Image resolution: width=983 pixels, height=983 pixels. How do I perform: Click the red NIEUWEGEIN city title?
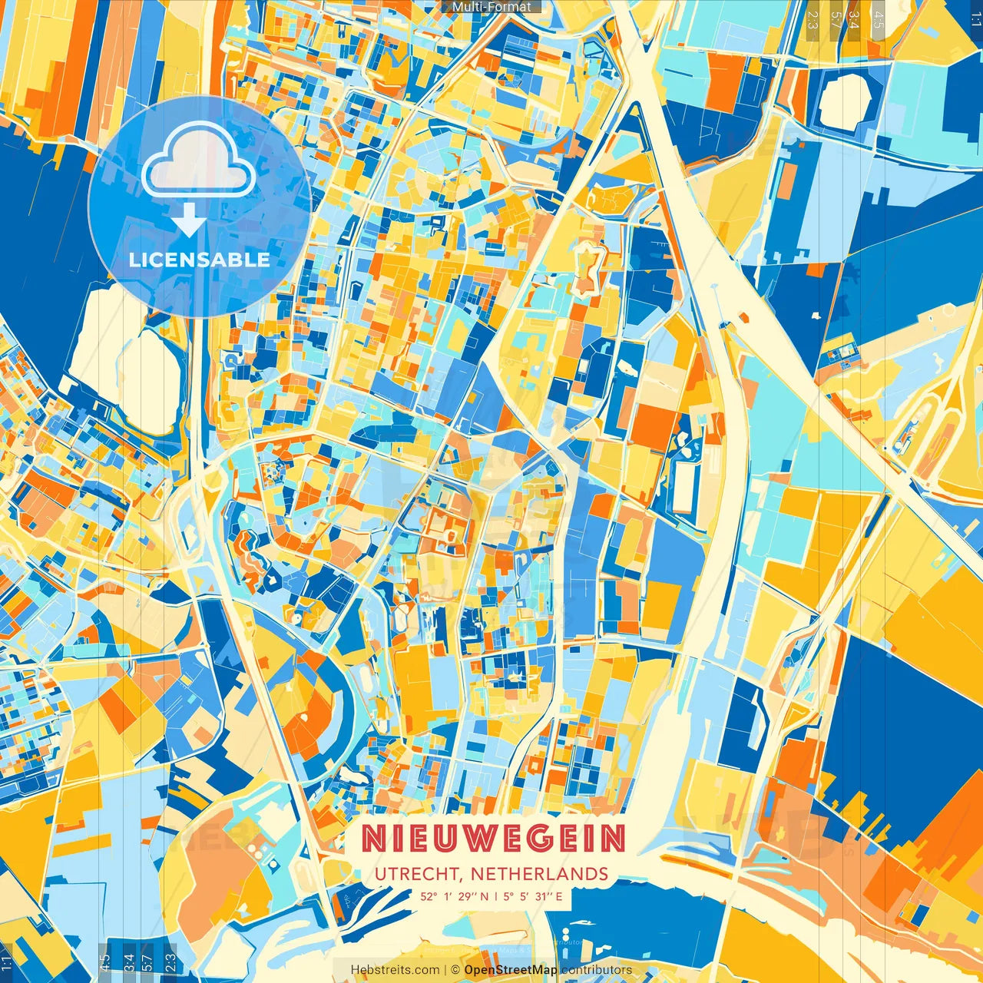[493, 839]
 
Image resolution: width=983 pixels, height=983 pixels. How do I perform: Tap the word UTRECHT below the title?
[419, 874]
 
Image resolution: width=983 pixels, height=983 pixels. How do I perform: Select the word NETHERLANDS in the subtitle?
[539, 874]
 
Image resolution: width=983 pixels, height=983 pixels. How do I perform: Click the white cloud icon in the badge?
[198, 164]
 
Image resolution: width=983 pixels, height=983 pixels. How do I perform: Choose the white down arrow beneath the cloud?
[188, 221]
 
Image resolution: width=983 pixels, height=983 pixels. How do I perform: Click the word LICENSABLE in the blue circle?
[200, 260]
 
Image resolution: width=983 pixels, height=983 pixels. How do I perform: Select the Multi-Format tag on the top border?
[491, 7]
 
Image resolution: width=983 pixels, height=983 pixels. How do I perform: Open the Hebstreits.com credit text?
[395, 970]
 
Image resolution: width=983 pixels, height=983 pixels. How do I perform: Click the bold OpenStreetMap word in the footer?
[510, 970]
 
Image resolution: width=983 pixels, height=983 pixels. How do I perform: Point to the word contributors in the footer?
[596, 970]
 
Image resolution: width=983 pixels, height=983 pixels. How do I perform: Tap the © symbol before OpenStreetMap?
[455, 970]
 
